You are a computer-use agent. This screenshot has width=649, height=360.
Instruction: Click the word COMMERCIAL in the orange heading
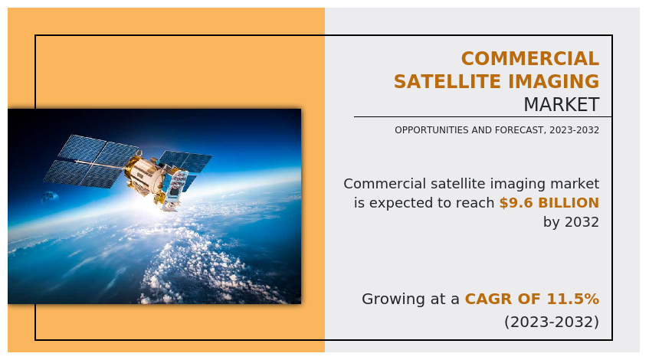pos(530,58)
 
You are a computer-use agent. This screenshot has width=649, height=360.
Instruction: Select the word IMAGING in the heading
pos(554,81)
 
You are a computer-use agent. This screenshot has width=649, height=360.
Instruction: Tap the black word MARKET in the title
pos(561,104)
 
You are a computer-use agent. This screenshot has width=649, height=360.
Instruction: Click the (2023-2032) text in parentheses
pos(552,322)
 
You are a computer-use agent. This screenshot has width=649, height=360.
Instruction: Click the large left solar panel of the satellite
pos(90,161)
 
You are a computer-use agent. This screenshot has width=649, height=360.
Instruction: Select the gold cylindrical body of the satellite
pos(146,174)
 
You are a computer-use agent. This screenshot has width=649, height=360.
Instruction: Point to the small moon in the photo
pos(49,198)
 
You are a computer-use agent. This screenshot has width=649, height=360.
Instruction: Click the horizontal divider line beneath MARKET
pos(483,116)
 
